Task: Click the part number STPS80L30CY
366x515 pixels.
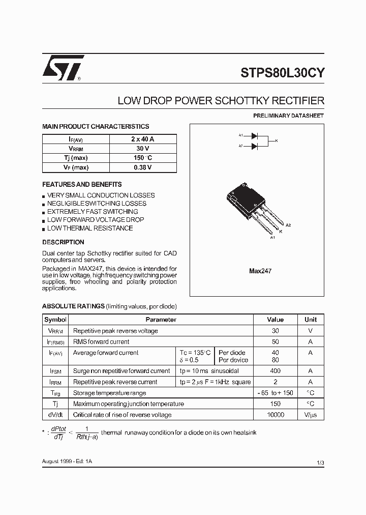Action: point(283,72)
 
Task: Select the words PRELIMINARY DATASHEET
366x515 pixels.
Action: point(288,116)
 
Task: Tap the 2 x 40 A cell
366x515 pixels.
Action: point(142,139)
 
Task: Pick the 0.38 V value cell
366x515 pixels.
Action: point(142,167)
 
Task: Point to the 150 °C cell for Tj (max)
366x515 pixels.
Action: point(142,158)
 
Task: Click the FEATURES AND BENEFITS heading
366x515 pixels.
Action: point(82,184)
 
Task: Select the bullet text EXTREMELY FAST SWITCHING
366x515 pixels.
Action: point(93,212)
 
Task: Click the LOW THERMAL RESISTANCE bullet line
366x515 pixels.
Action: point(90,228)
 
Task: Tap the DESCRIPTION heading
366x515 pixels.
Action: point(63,242)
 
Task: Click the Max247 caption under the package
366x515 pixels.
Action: point(260,271)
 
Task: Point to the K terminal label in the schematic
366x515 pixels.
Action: point(276,140)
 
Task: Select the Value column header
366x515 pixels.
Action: point(276,320)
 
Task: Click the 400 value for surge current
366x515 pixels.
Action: point(276,371)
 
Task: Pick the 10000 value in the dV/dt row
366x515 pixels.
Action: point(276,415)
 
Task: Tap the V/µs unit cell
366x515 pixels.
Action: point(310,415)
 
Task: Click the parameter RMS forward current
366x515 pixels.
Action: point(101,342)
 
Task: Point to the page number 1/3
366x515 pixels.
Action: point(320,462)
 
